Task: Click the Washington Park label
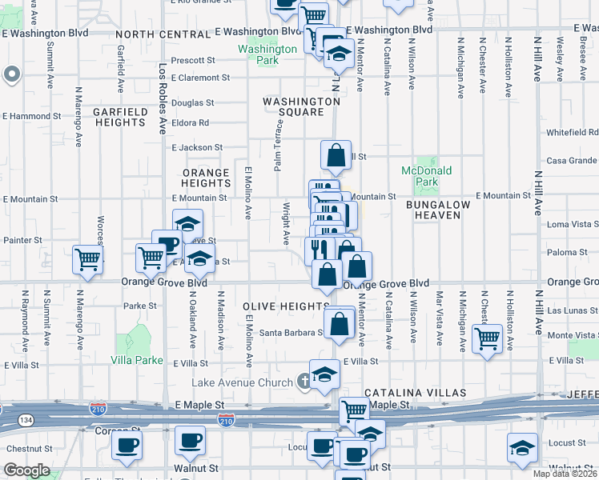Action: tap(267, 54)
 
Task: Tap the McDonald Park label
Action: tap(427, 176)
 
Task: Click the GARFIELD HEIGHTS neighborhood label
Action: tap(122, 118)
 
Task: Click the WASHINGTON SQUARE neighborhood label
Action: tap(302, 107)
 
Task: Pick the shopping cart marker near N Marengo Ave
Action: tap(87, 259)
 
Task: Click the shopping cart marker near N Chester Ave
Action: tap(487, 338)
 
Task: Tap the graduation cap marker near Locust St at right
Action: tap(521, 449)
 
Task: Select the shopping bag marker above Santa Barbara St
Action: tap(340, 323)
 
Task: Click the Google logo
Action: tap(26, 470)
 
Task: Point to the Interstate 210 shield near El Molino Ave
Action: tap(226, 419)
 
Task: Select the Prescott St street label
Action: tap(194, 60)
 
